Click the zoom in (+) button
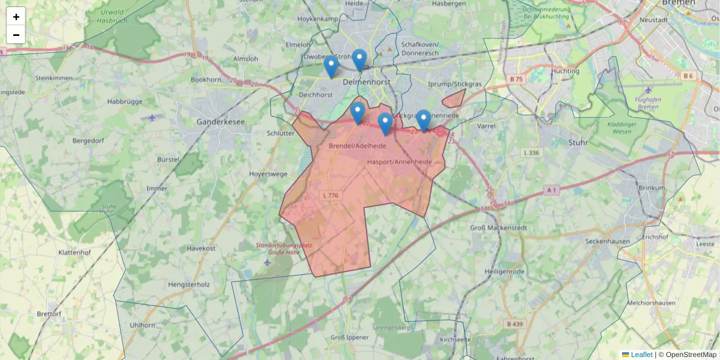pyautogui.click(x=16, y=17)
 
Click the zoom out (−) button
pyautogui.click(x=16, y=35)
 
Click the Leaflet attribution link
pyautogui.click(x=641, y=355)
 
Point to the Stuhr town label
pyautogui.click(x=579, y=142)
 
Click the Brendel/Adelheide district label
pyautogui.click(x=357, y=146)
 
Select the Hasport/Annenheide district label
pyautogui.click(x=399, y=162)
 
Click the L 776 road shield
pyautogui.click(x=331, y=196)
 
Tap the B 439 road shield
pyautogui.click(x=515, y=324)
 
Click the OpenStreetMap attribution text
pyautogui.click(x=691, y=355)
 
